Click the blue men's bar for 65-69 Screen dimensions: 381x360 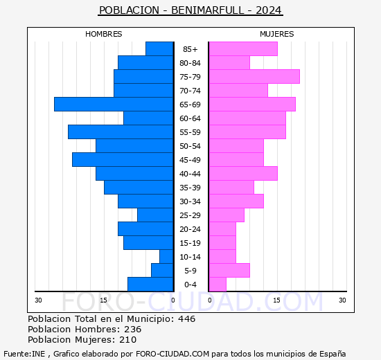pos(114,105)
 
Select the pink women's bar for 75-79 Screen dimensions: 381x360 pos(254,77)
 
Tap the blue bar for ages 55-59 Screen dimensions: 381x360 pos(121,132)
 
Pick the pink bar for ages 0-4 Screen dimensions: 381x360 pos(218,285)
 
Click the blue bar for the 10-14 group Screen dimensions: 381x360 pos(166,257)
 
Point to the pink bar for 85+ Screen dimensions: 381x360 pos(243,49)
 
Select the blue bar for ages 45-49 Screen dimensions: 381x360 pos(123,160)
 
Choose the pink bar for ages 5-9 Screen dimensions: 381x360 pos(229,271)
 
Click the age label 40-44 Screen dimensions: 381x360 pos(190,174)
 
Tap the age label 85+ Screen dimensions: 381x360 pos(190,49)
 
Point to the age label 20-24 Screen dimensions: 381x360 pos(190,229)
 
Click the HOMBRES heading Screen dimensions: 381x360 pos(103,34)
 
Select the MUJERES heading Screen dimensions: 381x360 pos(277,34)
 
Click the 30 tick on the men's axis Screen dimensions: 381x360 pos(38,300)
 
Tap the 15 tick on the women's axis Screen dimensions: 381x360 pos(276,300)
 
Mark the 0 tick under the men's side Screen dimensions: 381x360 pos(172,300)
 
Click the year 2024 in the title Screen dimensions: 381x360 pos(269,10)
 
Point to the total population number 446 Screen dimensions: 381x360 pos(186,318)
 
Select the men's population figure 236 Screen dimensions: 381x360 pos(133,329)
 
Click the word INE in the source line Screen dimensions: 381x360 pos(38,354)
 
